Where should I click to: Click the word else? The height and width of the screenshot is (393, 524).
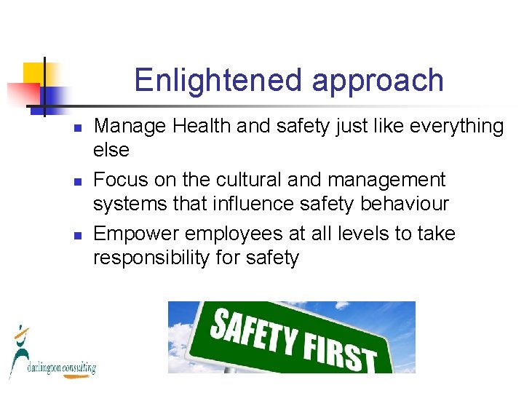click(x=111, y=151)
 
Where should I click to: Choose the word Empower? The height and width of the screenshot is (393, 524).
click(x=137, y=234)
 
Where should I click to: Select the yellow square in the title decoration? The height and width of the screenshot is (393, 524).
click(x=34, y=74)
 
